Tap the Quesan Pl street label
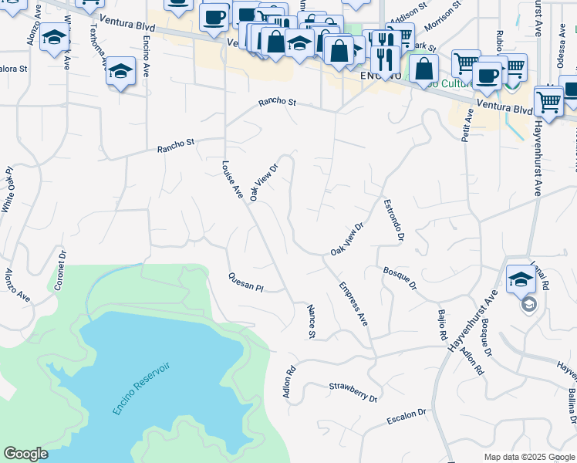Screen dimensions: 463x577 pos(246,282)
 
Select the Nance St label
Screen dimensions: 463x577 pos(312,321)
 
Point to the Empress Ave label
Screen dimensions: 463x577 pos(353,309)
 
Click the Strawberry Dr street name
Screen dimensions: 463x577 pos(353,392)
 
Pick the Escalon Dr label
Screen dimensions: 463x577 pos(406,417)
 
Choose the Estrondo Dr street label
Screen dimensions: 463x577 pos(393,220)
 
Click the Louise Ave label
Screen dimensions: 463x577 pos(232,180)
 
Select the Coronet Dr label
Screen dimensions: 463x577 pos(59,270)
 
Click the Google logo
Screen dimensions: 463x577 pos(25,454)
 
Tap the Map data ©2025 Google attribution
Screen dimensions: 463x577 pos(529,457)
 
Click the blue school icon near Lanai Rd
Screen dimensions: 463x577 pos(521,279)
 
